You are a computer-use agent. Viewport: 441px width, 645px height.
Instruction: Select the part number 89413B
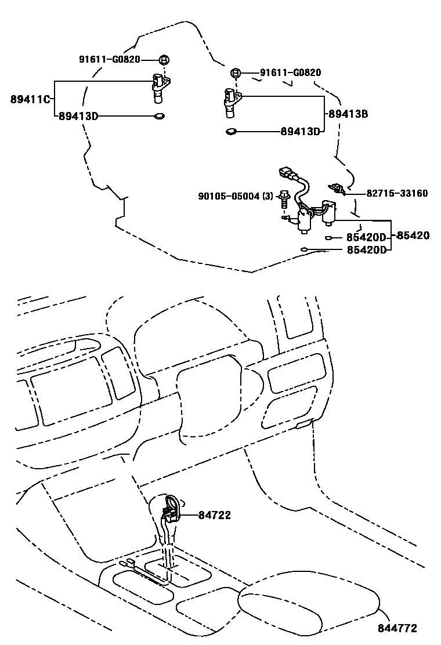click(x=348, y=114)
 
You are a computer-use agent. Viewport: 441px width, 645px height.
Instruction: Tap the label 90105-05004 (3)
click(x=236, y=196)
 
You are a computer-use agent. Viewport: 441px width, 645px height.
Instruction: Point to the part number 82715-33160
click(x=397, y=193)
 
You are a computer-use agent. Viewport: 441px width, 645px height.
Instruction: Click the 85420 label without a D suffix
click(x=413, y=235)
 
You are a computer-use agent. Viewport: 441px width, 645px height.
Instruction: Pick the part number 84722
click(x=215, y=515)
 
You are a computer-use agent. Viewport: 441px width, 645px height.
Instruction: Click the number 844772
click(x=397, y=628)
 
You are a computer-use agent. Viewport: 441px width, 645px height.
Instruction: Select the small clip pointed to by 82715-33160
click(x=336, y=189)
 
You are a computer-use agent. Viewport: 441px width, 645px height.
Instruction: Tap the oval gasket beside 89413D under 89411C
click(x=159, y=117)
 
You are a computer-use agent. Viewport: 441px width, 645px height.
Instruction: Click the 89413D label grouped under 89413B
click(x=301, y=132)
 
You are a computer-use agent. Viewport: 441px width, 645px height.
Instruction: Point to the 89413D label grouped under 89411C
click(x=78, y=117)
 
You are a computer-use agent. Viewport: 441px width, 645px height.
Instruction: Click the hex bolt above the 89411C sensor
click(x=164, y=60)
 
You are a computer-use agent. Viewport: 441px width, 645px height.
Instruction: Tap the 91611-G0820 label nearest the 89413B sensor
click(x=291, y=73)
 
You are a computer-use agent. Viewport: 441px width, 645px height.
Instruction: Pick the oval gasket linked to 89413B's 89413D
click(x=231, y=132)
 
